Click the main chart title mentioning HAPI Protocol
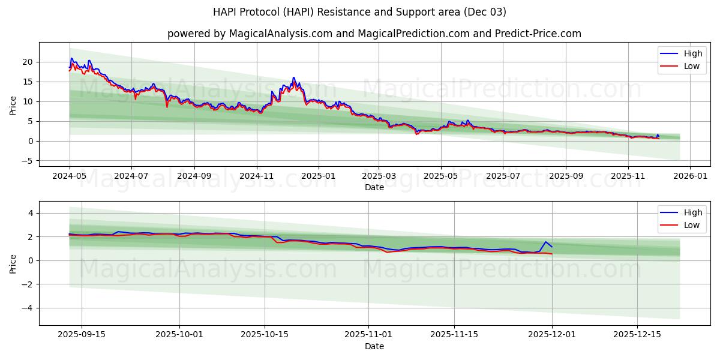coord(359,12)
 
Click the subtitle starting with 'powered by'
coord(374,34)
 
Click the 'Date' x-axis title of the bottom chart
coord(374,346)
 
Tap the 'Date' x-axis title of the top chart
coord(374,187)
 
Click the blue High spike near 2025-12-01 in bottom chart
coord(546,242)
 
